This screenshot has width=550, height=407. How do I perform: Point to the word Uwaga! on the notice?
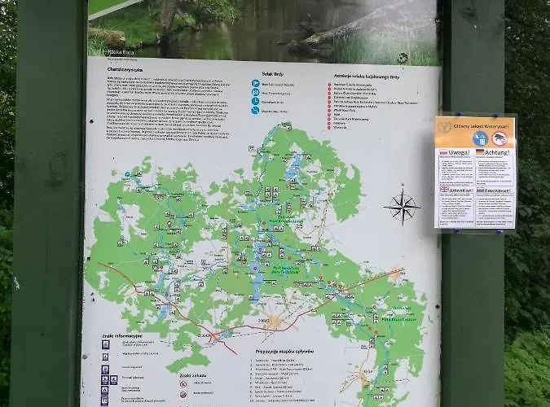(x=457, y=152)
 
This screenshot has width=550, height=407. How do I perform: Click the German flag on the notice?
(x=481, y=152)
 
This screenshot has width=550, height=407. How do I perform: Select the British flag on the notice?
(x=444, y=188)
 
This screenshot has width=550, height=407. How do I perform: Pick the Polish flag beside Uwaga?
(x=444, y=152)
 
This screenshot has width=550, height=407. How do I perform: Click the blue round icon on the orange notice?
(x=479, y=138)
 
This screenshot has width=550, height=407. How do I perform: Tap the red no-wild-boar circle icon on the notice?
(x=499, y=138)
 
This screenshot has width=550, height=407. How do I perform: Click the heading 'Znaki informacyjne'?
(x=122, y=335)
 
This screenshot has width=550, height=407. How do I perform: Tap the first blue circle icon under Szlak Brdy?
(x=255, y=83)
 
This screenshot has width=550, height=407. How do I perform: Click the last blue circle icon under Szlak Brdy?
(x=255, y=112)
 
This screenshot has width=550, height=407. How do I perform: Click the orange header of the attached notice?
(x=476, y=125)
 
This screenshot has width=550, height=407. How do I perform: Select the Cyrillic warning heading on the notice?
(x=497, y=188)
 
